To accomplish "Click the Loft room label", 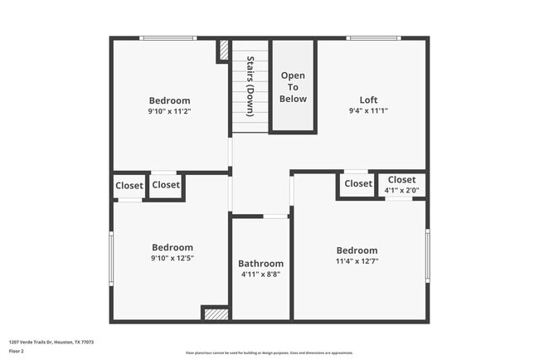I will tap(368, 100).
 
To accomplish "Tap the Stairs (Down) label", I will tap(250, 85).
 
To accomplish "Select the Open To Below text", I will tap(294, 87).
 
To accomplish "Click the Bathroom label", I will tap(260, 264).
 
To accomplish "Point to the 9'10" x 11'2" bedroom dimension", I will tap(169, 111).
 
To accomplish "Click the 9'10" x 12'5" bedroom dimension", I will tap(172, 257).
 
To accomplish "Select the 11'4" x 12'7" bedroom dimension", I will tap(357, 260).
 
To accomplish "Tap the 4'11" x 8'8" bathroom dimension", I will tap(260, 275).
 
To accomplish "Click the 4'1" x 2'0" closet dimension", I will tap(401, 190).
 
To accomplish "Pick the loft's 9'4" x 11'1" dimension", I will tap(368, 110).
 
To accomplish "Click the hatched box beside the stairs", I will tap(223, 51).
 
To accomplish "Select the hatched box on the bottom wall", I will tap(216, 314).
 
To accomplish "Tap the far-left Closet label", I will tap(129, 186).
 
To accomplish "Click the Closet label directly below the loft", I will tap(358, 184).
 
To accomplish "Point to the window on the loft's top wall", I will tap(369, 38).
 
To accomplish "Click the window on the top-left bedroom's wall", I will tap(168, 38).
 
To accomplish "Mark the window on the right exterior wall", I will tap(427, 255).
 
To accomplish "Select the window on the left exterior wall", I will tap(111, 257).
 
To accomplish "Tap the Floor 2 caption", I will tap(17, 351).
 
